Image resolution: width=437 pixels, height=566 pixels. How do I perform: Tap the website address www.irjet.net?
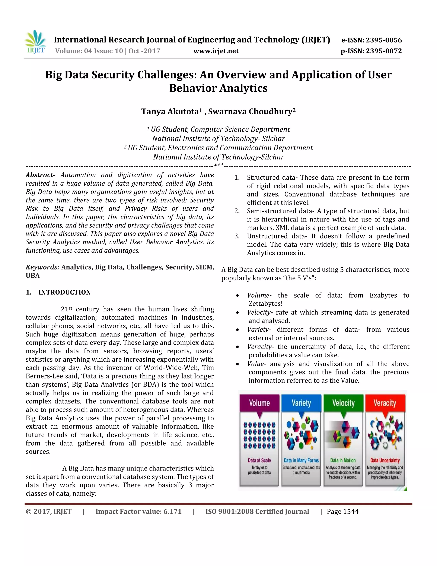[216, 51]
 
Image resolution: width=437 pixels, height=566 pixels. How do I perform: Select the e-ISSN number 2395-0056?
[384, 40]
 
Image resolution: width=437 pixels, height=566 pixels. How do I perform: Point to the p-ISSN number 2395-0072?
[384, 51]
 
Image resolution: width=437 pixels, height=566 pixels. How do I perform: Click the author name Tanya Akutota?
[170, 111]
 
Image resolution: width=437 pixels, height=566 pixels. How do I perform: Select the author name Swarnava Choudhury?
[250, 111]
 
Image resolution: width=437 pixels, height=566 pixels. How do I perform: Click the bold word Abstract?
[39, 175]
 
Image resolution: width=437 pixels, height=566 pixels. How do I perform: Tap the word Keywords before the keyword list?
[42, 267]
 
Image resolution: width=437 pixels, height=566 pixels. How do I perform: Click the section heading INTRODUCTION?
[64, 292]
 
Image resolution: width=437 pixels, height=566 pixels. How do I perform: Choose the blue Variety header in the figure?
[301, 403]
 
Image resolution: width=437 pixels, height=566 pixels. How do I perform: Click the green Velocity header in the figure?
[343, 403]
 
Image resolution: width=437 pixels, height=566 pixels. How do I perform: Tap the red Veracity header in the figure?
[385, 403]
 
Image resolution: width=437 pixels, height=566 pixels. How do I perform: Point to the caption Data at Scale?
[259, 460]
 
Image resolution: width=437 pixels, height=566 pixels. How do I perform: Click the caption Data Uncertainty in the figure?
[385, 460]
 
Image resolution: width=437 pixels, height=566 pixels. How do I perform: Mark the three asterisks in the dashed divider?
[219, 165]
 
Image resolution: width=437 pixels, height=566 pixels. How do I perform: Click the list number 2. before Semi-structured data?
[237, 211]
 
